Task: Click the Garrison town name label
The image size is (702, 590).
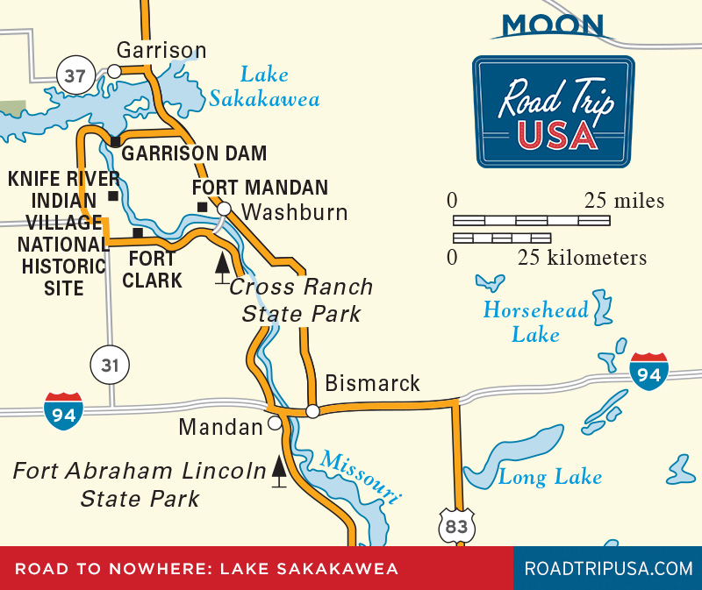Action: click(x=161, y=50)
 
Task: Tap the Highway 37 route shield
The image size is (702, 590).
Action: click(x=75, y=76)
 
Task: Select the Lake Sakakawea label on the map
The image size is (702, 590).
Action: click(x=264, y=88)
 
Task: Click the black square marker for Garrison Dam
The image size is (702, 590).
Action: click(x=115, y=141)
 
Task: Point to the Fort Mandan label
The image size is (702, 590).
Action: click(x=260, y=188)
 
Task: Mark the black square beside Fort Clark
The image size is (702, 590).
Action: click(x=138, y=232)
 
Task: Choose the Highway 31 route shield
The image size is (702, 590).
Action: click(x=110, y=364)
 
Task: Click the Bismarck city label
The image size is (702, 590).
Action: click(x=372, y=384)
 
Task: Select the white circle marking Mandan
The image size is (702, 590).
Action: click(x=275, y=423)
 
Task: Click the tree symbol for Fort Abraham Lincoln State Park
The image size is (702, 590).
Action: click(x=279, y=471)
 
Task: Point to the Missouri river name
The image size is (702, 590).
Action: click(x=361, y=477)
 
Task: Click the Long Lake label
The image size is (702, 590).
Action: click(x=550, y=477)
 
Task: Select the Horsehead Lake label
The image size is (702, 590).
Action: click(x=534, y=322)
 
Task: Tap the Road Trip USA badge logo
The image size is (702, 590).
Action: click(x=554, y=112)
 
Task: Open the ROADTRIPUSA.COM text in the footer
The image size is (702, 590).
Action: click(x=608, y=568)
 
